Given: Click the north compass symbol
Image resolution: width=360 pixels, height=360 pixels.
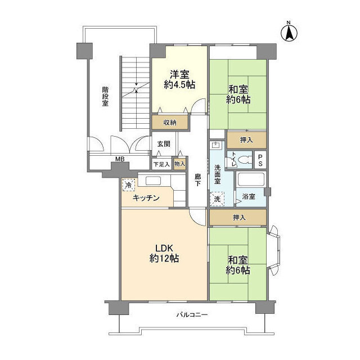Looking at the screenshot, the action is [x=289, y=33].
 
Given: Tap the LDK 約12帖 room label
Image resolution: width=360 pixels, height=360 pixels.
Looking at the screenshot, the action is [x=164, y=253].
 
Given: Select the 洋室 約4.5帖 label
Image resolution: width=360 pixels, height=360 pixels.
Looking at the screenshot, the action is [x=179, y=79].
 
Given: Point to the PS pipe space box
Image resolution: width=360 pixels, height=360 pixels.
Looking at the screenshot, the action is [x=260, y=160].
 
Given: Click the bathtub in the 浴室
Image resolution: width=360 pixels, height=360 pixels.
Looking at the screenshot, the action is [x=251, y=179].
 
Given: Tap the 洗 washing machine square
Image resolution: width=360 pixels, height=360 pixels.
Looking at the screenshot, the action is [x=217, y=199].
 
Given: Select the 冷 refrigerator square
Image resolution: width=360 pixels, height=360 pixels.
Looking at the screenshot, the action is [x=129, y=185].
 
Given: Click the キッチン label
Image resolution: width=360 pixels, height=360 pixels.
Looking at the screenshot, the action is [x=146, y=198].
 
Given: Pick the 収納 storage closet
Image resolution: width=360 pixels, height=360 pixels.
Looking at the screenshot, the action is [x=170, y=123].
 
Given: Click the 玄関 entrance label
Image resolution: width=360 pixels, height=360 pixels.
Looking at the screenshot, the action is [x=164, y=144].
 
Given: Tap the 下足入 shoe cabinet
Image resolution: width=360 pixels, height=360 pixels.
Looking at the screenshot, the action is [x=161, y=164].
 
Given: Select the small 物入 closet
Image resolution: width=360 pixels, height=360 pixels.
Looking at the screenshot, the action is [x=179, y=164].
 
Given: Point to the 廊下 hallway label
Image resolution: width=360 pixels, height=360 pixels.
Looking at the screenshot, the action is [x=197, y=180].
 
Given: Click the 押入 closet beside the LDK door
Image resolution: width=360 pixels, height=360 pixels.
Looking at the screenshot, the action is [x=238, y=217].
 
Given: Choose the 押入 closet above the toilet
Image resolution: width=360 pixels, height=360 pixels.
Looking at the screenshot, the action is [x=246, y=140].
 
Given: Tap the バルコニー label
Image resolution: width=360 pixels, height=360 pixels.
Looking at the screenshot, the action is [x=192, y=314].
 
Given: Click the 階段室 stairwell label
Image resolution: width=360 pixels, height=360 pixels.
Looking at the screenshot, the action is [x=105, y=96].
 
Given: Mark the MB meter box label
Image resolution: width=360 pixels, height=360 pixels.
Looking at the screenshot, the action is [x=120, y=159].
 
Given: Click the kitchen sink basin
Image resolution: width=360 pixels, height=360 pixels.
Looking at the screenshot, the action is [x=153, y=181].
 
